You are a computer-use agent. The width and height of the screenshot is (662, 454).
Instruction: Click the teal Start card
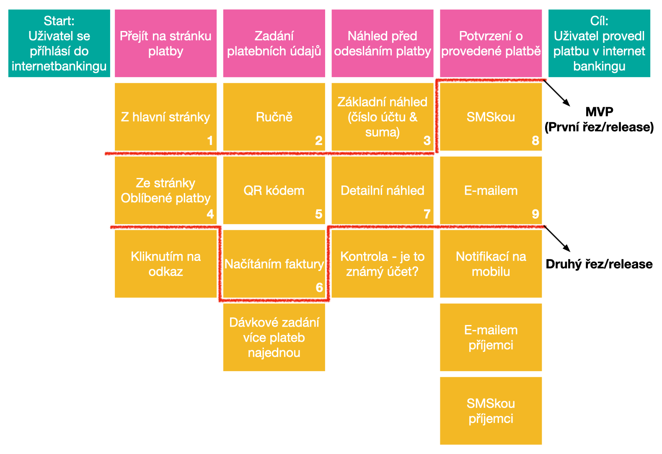[59, 43]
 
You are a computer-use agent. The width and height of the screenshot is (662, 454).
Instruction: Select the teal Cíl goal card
[599, 43]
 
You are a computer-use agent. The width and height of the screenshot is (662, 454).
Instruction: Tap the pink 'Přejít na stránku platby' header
[165, 43]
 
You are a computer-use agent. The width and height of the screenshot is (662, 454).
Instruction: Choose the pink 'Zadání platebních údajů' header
[274, 43]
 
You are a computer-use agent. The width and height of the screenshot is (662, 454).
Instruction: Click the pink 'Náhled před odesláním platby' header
[382, 43]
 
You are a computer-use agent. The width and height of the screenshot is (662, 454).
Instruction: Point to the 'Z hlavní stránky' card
[165, 117]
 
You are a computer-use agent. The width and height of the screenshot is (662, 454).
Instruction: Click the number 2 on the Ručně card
[318, 141]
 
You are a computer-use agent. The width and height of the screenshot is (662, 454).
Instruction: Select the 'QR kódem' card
[274, 191]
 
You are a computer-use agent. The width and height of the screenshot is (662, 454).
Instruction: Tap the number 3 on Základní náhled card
[427, 141]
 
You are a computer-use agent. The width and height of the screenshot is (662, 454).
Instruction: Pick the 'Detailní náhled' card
[382, 191]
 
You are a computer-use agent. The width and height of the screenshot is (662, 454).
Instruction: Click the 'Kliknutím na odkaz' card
[165, 264]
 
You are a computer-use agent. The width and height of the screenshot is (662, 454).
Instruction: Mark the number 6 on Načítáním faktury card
[319, 288]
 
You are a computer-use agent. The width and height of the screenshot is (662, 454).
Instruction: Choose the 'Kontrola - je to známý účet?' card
[382, 264]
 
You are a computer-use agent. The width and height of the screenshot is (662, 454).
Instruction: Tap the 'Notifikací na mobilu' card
[491, 264]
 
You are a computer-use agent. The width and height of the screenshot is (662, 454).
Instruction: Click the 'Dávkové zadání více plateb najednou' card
[274, 337]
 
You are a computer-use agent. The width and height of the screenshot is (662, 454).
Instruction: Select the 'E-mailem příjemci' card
[491, 337]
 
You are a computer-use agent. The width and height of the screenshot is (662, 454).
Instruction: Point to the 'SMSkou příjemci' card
[491, 411]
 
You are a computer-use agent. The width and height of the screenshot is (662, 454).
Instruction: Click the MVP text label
[599, 112]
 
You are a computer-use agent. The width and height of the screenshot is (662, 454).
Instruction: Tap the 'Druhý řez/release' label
[599, 264]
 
